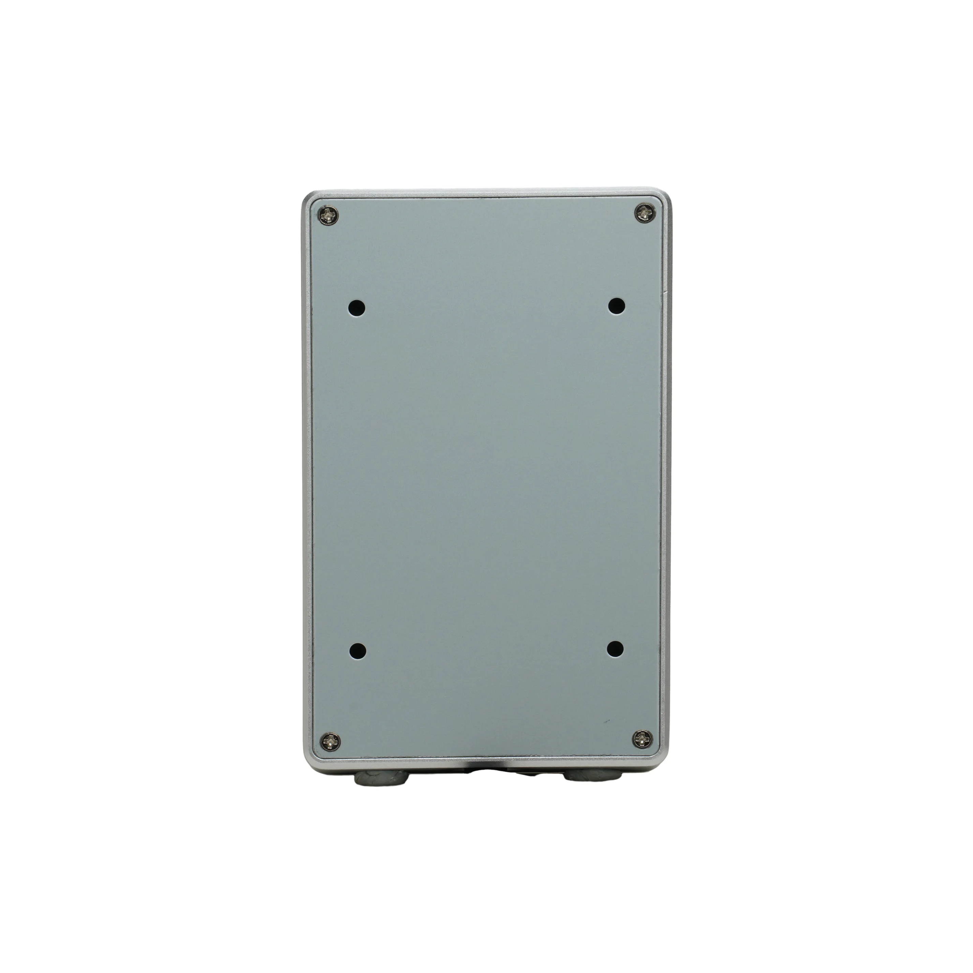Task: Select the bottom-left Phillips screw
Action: [x=330, y=741]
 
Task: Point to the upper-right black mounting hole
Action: [x=616, y=305]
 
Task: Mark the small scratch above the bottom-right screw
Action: [x=607, y=721]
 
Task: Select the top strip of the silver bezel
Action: [x=486, y=194]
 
